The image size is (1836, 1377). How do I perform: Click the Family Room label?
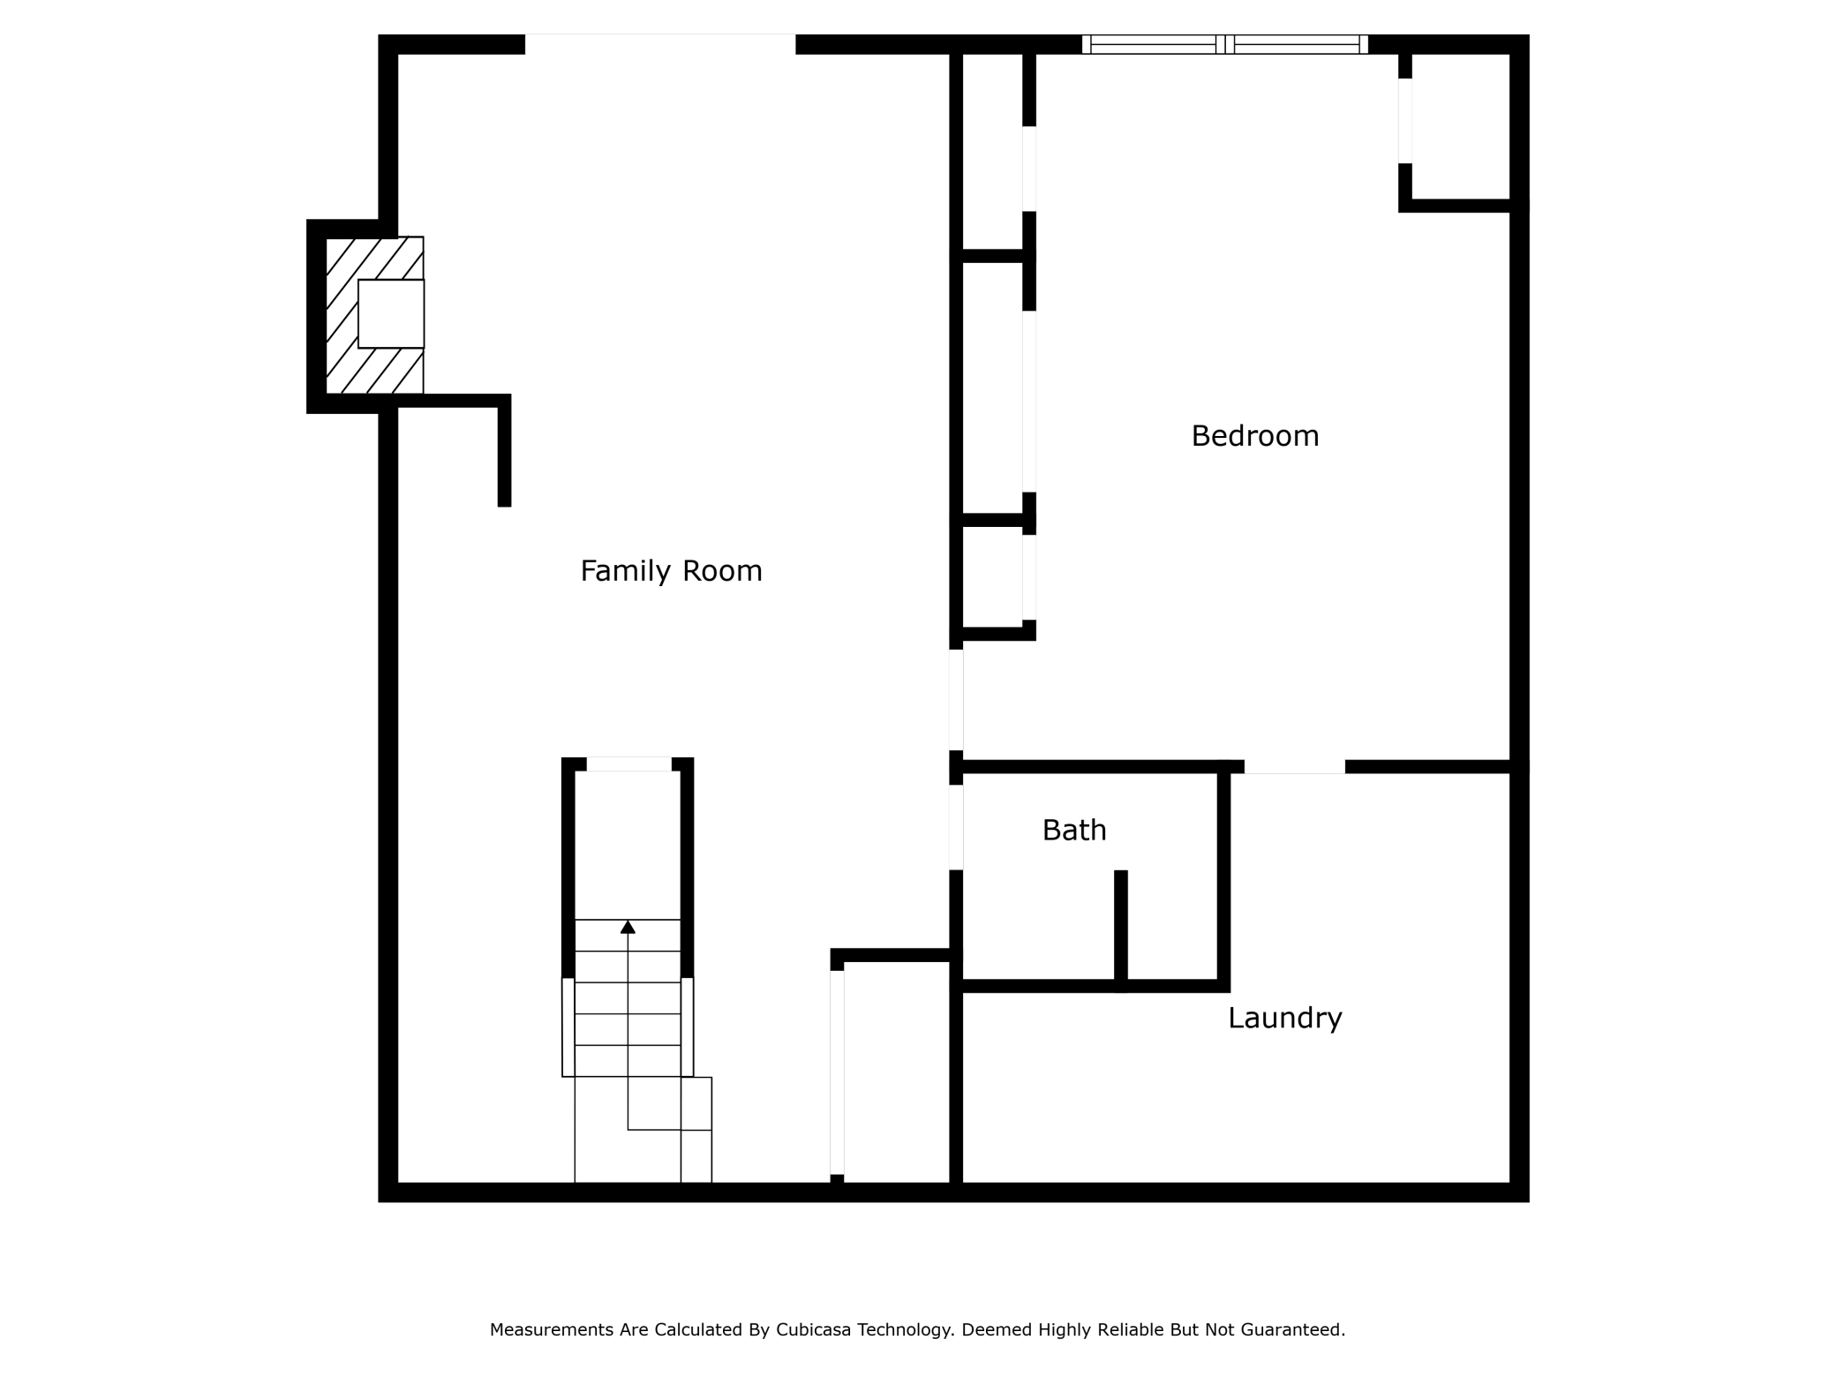671,571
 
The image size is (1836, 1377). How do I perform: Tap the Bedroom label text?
1254,436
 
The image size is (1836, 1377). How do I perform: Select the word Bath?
1073,831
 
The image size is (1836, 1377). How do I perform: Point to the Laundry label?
1284,1019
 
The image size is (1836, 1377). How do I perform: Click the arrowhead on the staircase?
628,927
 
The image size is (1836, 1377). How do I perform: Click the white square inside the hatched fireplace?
391,313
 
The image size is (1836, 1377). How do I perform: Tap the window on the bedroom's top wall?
1224,44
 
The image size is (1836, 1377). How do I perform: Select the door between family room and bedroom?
956,700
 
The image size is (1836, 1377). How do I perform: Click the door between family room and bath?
956,827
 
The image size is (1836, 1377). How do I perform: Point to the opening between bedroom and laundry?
1294,767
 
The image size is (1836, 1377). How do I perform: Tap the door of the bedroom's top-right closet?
1404,121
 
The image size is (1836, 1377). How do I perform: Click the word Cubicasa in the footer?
812,1329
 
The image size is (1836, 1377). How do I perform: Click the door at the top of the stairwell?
628,764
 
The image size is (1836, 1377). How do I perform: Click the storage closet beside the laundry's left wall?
896,1072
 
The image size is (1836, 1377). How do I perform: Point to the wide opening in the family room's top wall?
659,44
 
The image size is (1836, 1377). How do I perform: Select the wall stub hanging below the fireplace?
504,455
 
